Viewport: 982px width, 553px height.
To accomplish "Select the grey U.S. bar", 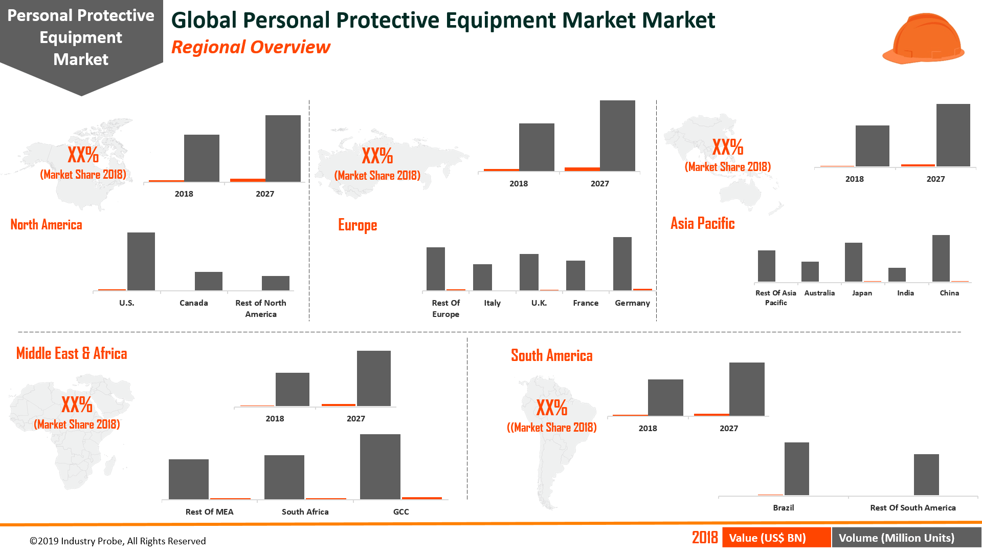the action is pyautogui.click(x=141, y=261).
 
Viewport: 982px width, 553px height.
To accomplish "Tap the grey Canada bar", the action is pyautogui.click(x=208, y=281).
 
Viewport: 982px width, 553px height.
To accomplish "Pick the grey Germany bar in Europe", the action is pyautogui.click(x=622, y=264).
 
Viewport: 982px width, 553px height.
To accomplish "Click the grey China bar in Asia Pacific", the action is pyautogui.click(x=941, y=258).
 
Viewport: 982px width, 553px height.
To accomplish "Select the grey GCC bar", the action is pyautogui.click(x=380, y=466).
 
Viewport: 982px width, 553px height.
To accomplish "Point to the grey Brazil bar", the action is pyautogui.click(x=796, y=469).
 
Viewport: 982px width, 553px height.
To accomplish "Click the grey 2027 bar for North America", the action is pyautogui.click(x=283, y=148).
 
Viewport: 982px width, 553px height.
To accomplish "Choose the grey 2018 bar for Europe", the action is pyautogui.click(x=536, y=147).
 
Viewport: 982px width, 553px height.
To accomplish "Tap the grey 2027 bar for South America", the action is pyautogui.click(x=746, y=389).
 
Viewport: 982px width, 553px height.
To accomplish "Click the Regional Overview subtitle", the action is pyautogui.click(x=251, y=47).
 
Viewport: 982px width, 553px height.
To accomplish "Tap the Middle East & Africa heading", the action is pyautogui.click(x=72, y=353).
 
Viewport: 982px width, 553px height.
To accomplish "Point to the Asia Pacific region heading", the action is pyautogui.click(x=702, y=223).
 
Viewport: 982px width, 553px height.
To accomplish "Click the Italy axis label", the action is pyautogui.click(x=492, y=303).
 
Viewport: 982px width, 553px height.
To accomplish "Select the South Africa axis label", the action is pyautogui.click(x=305, y=512).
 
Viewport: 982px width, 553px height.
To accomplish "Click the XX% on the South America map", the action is pyautogui.click(x=551, y=408).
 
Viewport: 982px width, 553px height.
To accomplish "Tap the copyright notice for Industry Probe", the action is pyautogui.click(x=118, y=541).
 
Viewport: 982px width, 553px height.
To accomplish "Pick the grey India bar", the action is pyautogui.click(x=897, y=274).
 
